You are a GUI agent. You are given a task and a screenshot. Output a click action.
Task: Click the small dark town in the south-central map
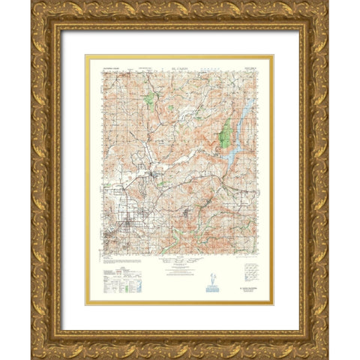(187, 217)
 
